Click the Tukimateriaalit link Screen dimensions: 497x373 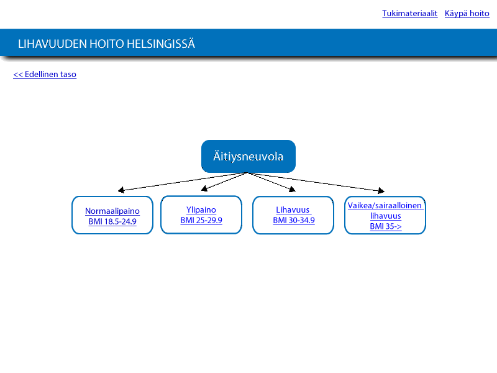(409, 14)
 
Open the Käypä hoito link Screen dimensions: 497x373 (467, 14)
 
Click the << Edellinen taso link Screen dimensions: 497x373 (45, 74)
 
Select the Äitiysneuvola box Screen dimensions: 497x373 (248, 157)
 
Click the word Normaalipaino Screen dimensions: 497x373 (112, 211)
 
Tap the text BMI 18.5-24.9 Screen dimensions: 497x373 (112, 221)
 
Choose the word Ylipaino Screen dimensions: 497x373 (201, 210)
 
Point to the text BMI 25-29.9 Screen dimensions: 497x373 (201, 220)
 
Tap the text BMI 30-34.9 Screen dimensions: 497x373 (294, 220)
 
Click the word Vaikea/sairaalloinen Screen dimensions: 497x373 (385, 206)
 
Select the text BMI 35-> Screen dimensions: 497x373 (385, 226)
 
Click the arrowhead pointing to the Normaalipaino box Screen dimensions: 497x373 (121, 190)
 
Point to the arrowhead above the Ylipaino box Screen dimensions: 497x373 (204, 188)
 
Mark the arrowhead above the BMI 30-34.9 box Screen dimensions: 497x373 (293, 189)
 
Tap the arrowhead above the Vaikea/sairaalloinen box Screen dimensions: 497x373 (381, 190)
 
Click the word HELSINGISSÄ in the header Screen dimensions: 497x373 (161, 44)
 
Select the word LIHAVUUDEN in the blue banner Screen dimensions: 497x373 (52, 44)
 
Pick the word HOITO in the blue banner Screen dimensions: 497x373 (107, 44)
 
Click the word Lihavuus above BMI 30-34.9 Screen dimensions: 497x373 (293, 210)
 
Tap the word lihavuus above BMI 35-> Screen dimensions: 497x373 (385, 216)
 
